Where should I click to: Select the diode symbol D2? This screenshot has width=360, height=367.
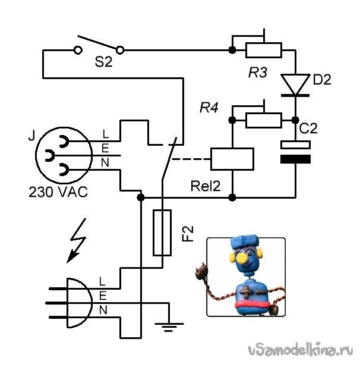[x=295, y=84]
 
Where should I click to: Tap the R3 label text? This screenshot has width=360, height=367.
[x=258, y=73]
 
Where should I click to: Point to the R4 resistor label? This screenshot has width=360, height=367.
[x=209, y=108]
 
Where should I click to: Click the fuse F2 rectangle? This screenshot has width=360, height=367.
[x=162, y=233]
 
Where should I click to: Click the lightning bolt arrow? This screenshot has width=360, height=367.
[x=76, y=244]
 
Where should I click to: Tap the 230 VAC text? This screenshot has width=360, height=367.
[x=57, y=192]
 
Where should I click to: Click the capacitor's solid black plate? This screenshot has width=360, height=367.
[x=295, y=159]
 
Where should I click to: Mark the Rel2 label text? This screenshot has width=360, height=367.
[x=206, y=186]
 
